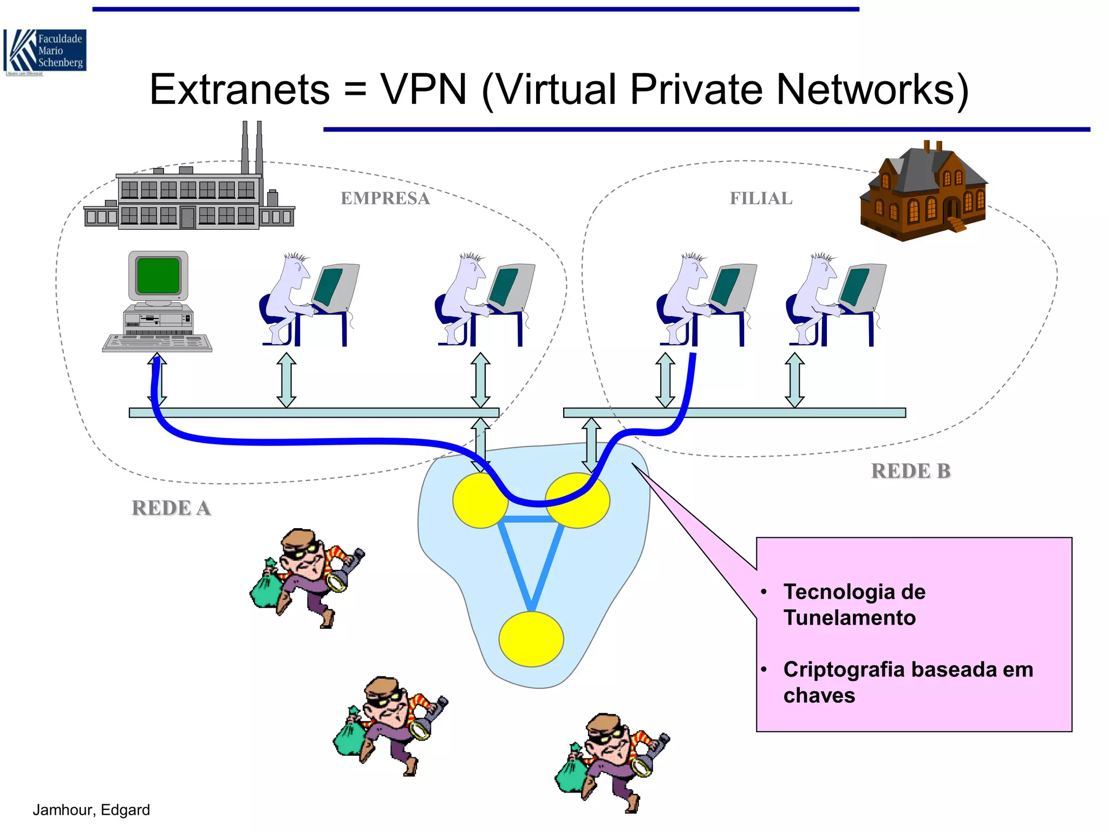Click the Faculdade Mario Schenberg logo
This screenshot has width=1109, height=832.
(45, 52)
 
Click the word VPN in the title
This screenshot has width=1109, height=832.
(423, 89)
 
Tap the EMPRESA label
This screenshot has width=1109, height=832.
(385, 199)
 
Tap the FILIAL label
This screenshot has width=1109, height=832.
(761, 199)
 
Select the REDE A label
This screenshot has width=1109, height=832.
(171, 508)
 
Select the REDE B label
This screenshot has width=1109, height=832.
(910, 471)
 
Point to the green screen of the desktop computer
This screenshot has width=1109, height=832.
(158, 275)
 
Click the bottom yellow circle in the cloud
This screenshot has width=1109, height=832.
(531, 639)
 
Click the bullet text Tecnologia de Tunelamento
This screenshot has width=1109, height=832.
(854, 604)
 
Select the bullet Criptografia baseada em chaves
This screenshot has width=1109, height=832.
(907, 682)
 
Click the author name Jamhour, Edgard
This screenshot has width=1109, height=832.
(91, 810)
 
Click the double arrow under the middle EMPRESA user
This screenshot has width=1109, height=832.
(286, 380)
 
